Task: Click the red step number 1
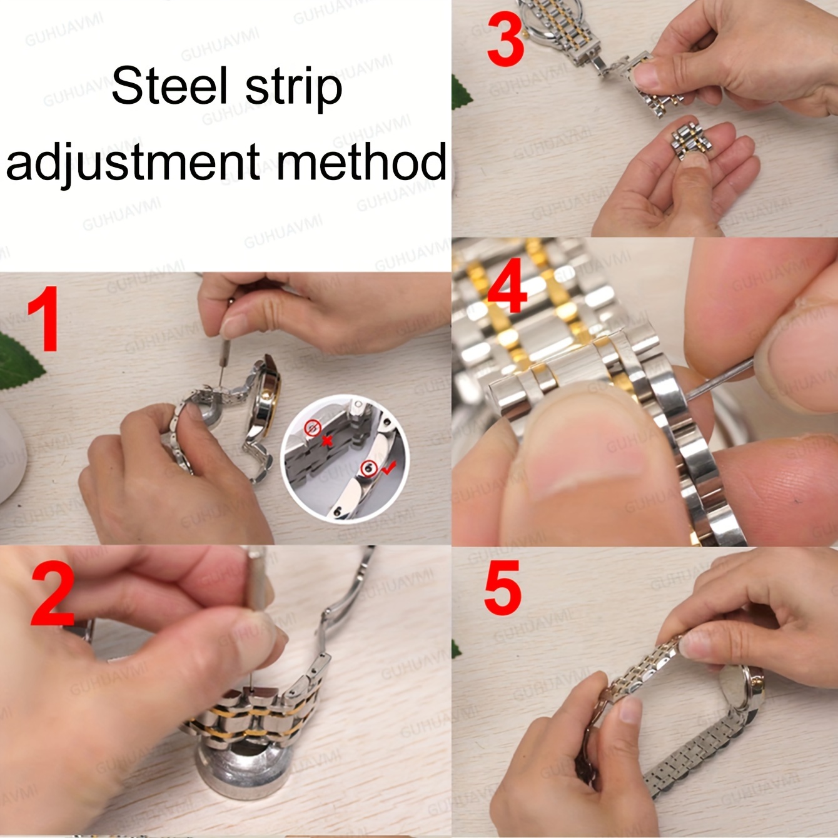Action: click(x=43, y=318)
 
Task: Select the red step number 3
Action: click(x=506, y=38)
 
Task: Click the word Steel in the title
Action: click(x=169, y=86)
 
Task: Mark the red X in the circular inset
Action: click(x=326, y=440)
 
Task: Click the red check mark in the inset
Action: click(x=388, y=468)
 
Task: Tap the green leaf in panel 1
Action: click(x=19, y=360)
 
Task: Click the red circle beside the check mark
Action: click(x=369, y=468)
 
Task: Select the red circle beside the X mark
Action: click(x=312, y=428)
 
